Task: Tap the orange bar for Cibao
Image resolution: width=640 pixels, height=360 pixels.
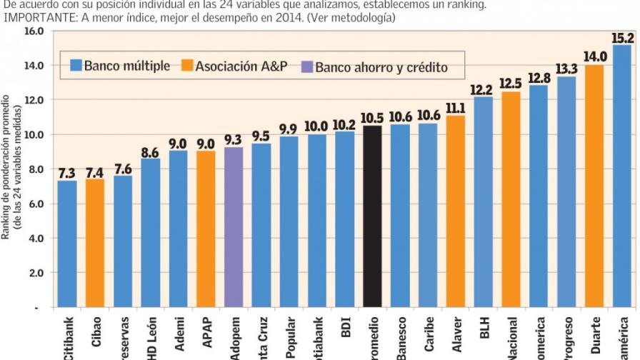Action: [95, 243]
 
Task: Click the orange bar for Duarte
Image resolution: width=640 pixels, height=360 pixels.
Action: [594, 186]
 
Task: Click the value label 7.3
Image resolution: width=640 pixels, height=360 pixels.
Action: [67, 173]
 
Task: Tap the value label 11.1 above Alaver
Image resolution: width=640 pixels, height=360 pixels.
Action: [456, 107]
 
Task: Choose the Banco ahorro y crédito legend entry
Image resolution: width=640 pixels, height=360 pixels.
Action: [374, 67]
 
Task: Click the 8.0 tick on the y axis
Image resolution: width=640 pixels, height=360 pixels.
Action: [36, 169]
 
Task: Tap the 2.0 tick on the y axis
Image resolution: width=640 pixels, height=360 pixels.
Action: [36, 273]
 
